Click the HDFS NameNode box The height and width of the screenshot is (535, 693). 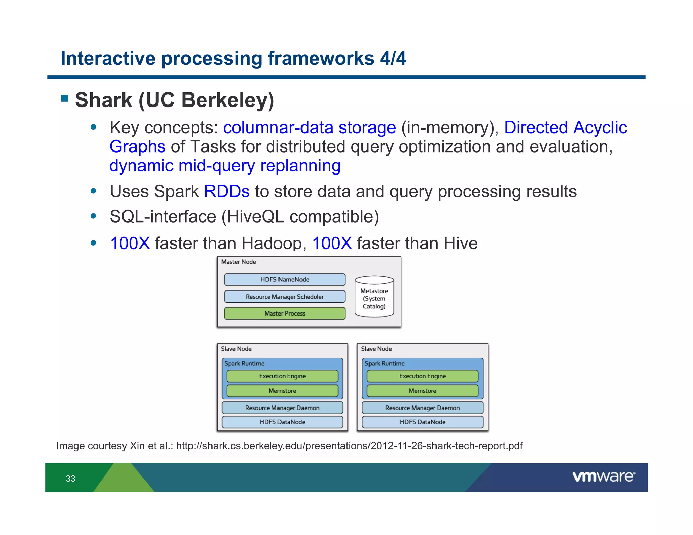285,279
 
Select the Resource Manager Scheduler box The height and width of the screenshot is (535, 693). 285,297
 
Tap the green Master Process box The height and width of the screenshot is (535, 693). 285,313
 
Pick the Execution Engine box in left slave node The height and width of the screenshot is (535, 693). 282,376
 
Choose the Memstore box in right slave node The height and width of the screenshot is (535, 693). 422,391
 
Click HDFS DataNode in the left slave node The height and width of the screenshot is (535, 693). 282,422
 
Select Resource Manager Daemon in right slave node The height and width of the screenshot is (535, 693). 422,408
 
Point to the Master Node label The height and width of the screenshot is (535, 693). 239,262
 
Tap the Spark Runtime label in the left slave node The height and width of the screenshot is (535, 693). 244,364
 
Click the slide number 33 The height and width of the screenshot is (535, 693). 71,479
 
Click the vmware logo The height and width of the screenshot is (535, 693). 604,477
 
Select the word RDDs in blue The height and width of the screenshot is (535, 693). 227,191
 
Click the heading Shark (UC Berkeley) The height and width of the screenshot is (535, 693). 175,100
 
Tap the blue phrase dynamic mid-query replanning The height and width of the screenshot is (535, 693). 225,166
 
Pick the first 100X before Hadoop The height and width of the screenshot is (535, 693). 130,243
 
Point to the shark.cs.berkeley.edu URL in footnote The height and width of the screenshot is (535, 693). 349,446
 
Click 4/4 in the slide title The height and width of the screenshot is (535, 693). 393,58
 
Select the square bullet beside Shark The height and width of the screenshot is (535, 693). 65,98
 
